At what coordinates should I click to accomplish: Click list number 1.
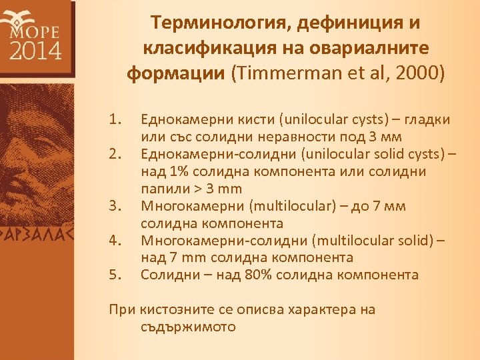116,120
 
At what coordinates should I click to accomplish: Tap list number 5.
116,275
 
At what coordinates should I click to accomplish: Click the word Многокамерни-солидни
214,241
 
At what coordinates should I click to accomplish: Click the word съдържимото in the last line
189,327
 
